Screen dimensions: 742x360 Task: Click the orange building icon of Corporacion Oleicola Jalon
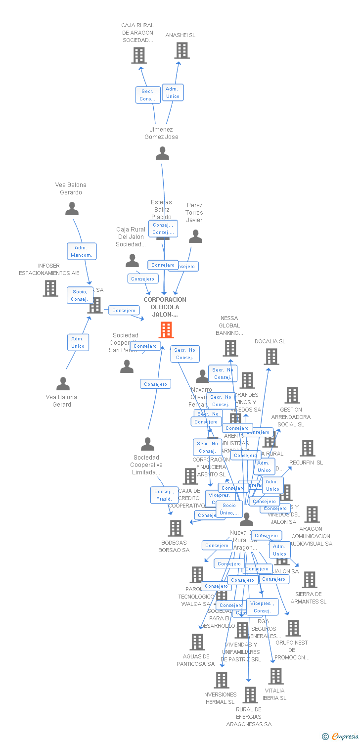[x=166, y=329]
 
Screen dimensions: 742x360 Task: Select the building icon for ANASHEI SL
[x=182, y=50]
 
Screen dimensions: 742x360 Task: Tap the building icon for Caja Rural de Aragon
[x=139, y=55]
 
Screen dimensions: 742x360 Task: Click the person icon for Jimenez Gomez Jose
[x=162, y=153]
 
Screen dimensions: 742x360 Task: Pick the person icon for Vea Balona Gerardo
[x=72, y=209]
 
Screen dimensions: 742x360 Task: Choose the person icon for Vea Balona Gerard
[x=63, y=384]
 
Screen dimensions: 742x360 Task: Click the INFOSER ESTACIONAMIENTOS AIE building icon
[x=50, y=288]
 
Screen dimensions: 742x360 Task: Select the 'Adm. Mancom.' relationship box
[x=82, y=251]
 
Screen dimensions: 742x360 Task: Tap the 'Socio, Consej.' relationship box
[x=80, y=295]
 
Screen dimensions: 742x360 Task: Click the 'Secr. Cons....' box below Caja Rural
[x=148, y=95]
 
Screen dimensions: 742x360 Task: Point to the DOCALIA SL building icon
[x=271, y=357]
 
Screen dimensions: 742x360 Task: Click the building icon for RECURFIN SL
[x=308, y=448]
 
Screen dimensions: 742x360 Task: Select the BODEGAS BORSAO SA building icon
[x=176, y=528]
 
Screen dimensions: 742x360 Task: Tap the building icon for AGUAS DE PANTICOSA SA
[x=197, y=642]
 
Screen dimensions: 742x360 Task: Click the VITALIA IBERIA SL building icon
[x=275, y=676]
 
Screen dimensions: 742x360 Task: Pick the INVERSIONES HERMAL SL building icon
[x=221, y=680]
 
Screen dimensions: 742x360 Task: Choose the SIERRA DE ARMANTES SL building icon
[x=309, y=580]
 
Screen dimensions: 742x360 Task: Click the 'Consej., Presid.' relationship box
[x=164, y=495]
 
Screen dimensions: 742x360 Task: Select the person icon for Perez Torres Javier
[x=195, y=236]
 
